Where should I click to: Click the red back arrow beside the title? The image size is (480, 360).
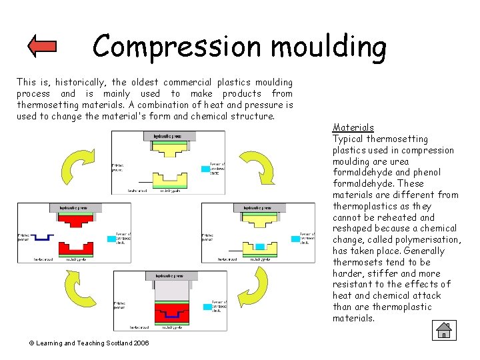[x=43, y=46]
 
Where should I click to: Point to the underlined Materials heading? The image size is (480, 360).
[x=353, y=127]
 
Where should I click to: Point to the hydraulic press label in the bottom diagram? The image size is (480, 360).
[x=169, y=276]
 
